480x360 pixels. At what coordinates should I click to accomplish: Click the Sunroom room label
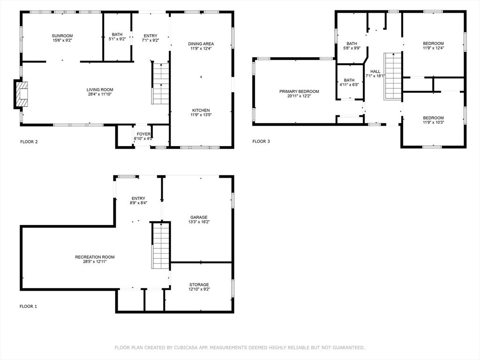[62, 36]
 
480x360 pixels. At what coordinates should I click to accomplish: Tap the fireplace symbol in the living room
[22, 95]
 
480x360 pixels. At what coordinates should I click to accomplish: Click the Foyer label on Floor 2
[143, 134]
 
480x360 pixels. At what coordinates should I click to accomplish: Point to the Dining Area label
[202, 44]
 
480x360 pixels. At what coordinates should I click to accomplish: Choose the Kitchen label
[201, 110]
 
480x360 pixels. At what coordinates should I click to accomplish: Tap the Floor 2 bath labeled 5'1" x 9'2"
[117, 37]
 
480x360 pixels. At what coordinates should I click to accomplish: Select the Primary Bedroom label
[299, 91]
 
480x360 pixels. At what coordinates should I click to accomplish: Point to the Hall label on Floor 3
[375, 71]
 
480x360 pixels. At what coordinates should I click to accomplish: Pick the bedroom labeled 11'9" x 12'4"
[433, 45]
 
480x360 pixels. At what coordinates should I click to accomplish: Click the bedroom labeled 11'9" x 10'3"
[433, 120]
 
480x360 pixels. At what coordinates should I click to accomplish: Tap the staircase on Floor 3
[393, 76]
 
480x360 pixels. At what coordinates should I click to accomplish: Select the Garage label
[199, 217]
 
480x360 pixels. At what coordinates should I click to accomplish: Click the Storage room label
[199, 285]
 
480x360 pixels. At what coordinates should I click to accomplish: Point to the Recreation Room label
[95, 257]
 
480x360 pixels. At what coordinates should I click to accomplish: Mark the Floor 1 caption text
[28, 307]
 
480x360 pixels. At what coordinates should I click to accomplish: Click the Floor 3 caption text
[261, 142]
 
